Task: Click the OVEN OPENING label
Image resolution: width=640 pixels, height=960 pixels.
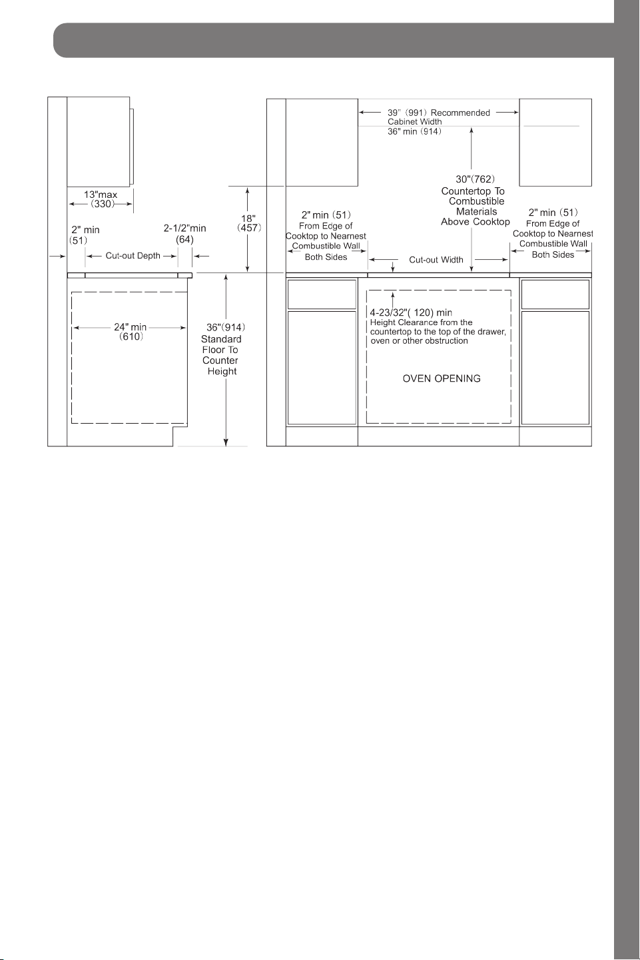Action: tap(442, 378)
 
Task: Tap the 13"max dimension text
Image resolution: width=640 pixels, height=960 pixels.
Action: tap(101, 195)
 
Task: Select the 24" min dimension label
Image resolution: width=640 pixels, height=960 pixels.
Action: tap(131, 327)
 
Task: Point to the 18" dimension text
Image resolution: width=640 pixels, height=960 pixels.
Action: tap(248, 219)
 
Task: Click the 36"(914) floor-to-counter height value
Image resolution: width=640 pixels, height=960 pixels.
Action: tap(226, 327)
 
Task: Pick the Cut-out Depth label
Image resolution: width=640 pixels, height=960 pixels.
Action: tap(133, 256)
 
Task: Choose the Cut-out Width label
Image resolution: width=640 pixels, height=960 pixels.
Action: tap(436, 260)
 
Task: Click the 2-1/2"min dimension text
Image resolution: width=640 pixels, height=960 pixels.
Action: tap(184, 229)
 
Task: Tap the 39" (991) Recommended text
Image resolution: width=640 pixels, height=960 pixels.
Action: tap(439, 113)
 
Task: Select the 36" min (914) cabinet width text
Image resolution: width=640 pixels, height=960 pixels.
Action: tap(414, 131)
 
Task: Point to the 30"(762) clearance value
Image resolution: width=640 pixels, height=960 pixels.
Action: tap(475, 179)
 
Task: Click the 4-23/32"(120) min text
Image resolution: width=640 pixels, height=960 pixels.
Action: tap(411, 313)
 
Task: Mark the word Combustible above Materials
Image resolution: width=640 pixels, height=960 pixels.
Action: tap(476, 201)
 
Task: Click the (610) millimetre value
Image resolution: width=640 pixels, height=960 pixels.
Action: tap(131, 337)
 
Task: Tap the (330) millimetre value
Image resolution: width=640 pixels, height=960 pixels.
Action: tap(103, 204)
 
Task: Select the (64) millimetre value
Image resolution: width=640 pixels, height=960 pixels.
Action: tap(184, 239)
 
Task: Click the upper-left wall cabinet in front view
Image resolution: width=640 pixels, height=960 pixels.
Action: tap(322, 143)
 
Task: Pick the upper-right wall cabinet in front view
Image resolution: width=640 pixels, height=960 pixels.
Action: tap(555, 143)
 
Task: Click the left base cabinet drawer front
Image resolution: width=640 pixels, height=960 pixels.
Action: tap(322, 294)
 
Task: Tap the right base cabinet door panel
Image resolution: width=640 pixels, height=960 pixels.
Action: tap(555, 368)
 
